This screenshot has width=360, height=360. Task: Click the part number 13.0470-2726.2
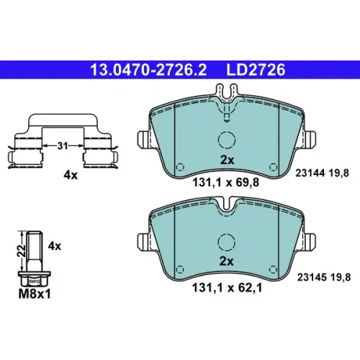coord(148,70)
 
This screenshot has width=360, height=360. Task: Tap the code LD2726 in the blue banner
coord(256,70)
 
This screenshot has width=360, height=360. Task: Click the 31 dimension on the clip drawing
coord(63,145)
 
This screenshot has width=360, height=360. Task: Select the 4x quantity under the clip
coord(71,176)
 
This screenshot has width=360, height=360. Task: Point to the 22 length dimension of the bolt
coord(22,251)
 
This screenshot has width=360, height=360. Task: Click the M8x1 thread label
coord(35,294)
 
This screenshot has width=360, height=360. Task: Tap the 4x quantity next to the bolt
coord(55,246)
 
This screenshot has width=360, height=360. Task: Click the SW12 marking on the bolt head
coord(35,282)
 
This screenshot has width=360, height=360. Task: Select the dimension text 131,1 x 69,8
coord(226,183)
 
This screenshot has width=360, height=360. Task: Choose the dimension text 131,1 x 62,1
coord(227,288)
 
